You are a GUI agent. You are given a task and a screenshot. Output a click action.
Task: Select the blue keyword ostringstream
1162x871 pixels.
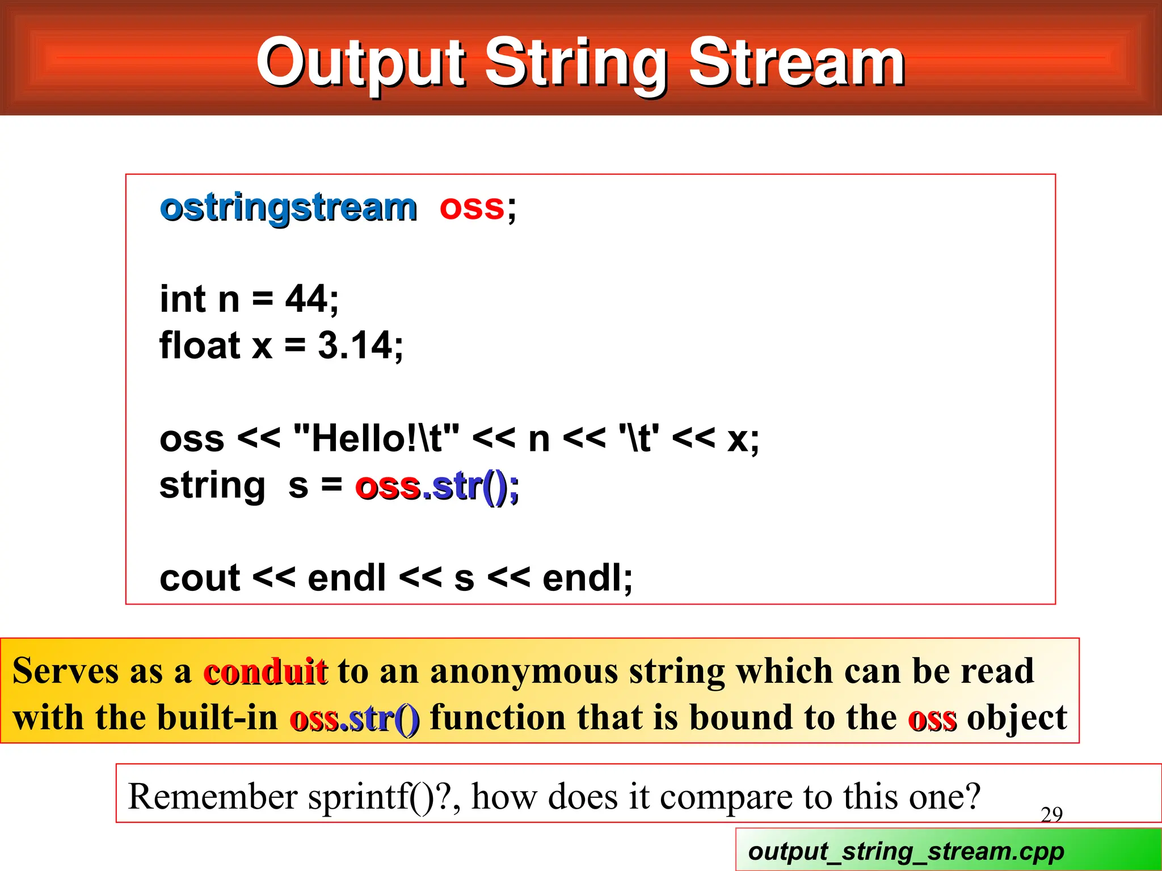[288, 208]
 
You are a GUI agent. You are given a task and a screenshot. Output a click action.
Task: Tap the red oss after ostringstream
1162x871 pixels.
[471, 208]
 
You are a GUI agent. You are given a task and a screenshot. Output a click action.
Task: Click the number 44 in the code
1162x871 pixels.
[307, 299]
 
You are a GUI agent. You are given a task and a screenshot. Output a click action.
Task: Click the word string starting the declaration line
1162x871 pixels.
[212, 487]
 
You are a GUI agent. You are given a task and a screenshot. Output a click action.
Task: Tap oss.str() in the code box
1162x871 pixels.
[436, 487]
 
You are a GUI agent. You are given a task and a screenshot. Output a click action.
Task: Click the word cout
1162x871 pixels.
[200, 578]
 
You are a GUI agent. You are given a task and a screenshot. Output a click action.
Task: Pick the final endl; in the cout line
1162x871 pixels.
[587, 578]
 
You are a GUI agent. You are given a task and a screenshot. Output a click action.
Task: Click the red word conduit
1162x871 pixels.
[265, 671]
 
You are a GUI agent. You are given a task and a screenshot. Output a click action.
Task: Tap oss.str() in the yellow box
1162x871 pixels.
[355, 718]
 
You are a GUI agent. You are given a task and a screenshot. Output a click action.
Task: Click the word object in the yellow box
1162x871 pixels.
[1017, 718]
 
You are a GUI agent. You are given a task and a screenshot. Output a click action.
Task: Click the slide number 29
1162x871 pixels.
[1051, 815]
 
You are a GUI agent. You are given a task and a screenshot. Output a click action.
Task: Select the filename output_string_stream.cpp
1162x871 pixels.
[906, 851]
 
